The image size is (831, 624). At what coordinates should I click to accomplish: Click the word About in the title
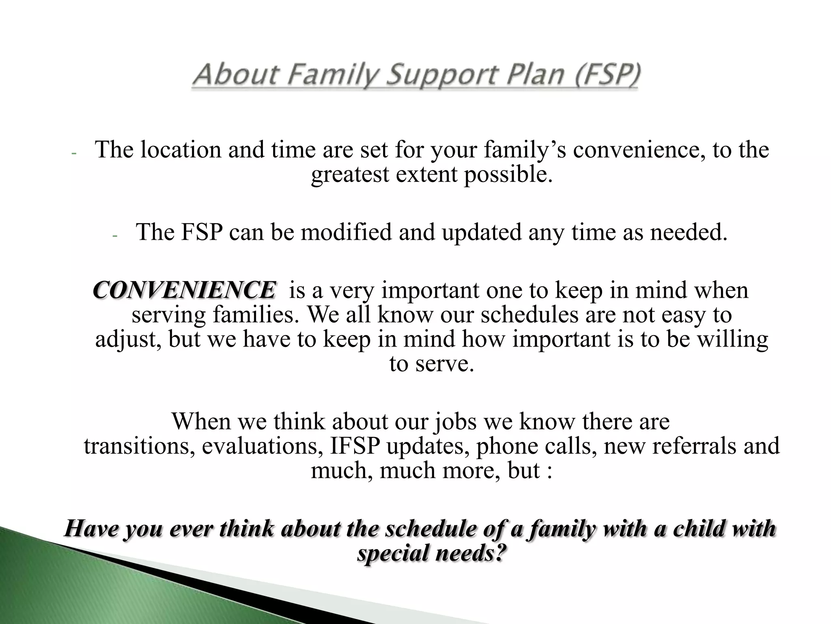(x=236, y=76)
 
